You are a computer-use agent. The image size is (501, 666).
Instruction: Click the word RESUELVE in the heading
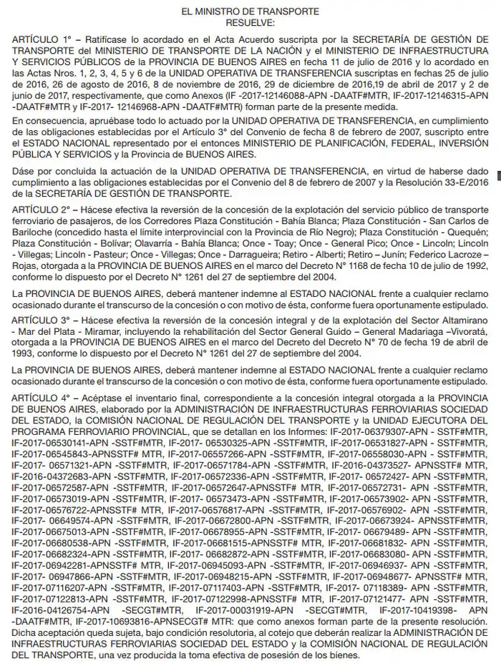[x=250, y=23]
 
